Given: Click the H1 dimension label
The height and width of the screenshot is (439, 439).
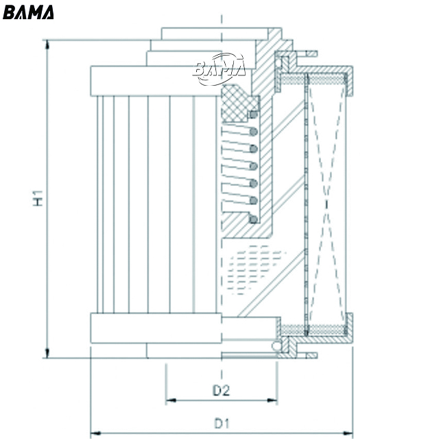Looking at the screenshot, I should tap(39, 198).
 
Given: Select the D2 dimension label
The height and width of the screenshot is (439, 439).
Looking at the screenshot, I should tap(220, 391).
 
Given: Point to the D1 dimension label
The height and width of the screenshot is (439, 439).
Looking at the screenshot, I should tap(220, 423).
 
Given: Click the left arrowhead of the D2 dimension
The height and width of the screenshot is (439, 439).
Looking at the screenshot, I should tap(169, 399).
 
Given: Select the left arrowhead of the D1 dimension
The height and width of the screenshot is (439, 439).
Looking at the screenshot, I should tap(95, 432).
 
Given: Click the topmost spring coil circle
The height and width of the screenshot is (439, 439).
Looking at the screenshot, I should tap(253, 113).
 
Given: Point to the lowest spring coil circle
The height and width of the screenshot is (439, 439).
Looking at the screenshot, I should tap(253, 219).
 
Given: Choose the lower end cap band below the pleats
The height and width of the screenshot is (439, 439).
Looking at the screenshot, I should tap(158, 328).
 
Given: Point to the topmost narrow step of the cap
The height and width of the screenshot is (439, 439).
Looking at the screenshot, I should tap(213, 34).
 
